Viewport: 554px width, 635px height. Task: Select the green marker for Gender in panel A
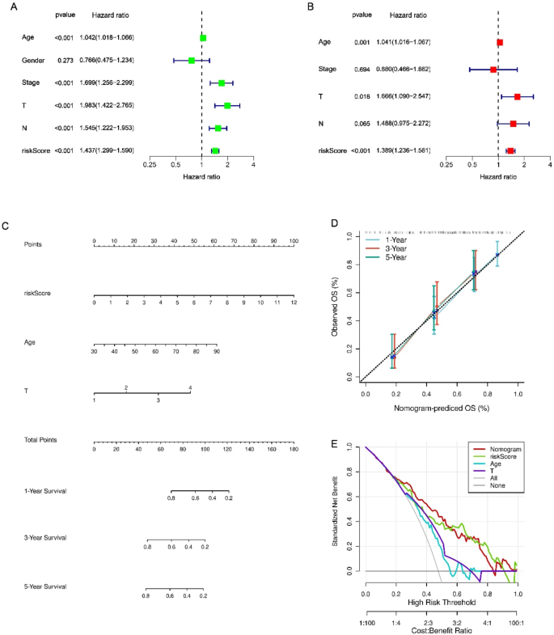[192, 61]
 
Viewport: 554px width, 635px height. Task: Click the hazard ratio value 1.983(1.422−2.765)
[107, 105]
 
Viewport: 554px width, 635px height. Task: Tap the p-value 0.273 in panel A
[64, 61]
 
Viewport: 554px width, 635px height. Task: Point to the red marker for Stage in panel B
[493, 70]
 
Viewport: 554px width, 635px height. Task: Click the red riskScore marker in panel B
[510, 150]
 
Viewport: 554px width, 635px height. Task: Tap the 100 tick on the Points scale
[294, 241]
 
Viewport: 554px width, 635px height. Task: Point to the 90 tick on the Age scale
[217, 352]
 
